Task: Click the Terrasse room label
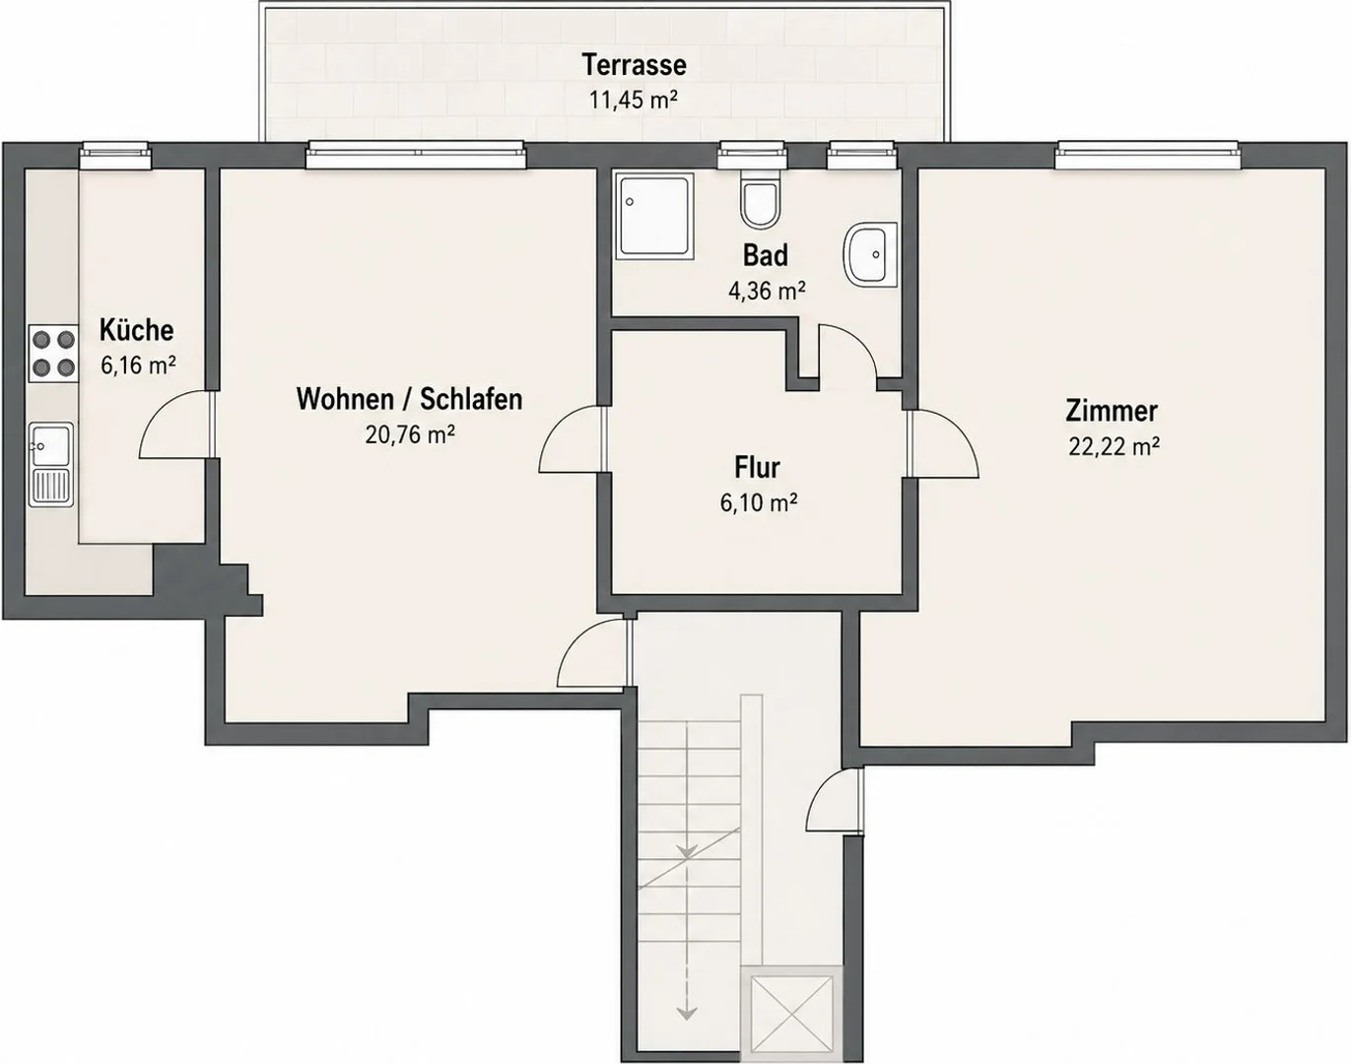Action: coord(634,65)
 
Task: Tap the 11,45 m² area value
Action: coord(634,100)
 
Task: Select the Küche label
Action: coord(136,330)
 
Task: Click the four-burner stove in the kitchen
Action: coord(53,354)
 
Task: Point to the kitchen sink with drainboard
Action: coord(51,464)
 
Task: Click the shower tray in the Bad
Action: coord(654,216)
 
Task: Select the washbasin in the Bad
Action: coord(870,253)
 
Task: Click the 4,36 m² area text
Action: coord(767,291)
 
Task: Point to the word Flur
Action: coord(757,467)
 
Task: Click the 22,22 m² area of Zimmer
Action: coord(1114,446)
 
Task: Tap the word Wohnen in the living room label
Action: coord(342,399)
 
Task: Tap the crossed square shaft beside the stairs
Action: coord(791,1013)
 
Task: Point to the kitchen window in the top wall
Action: coord(115,155)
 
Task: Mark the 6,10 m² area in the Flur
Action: coord(759,502)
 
